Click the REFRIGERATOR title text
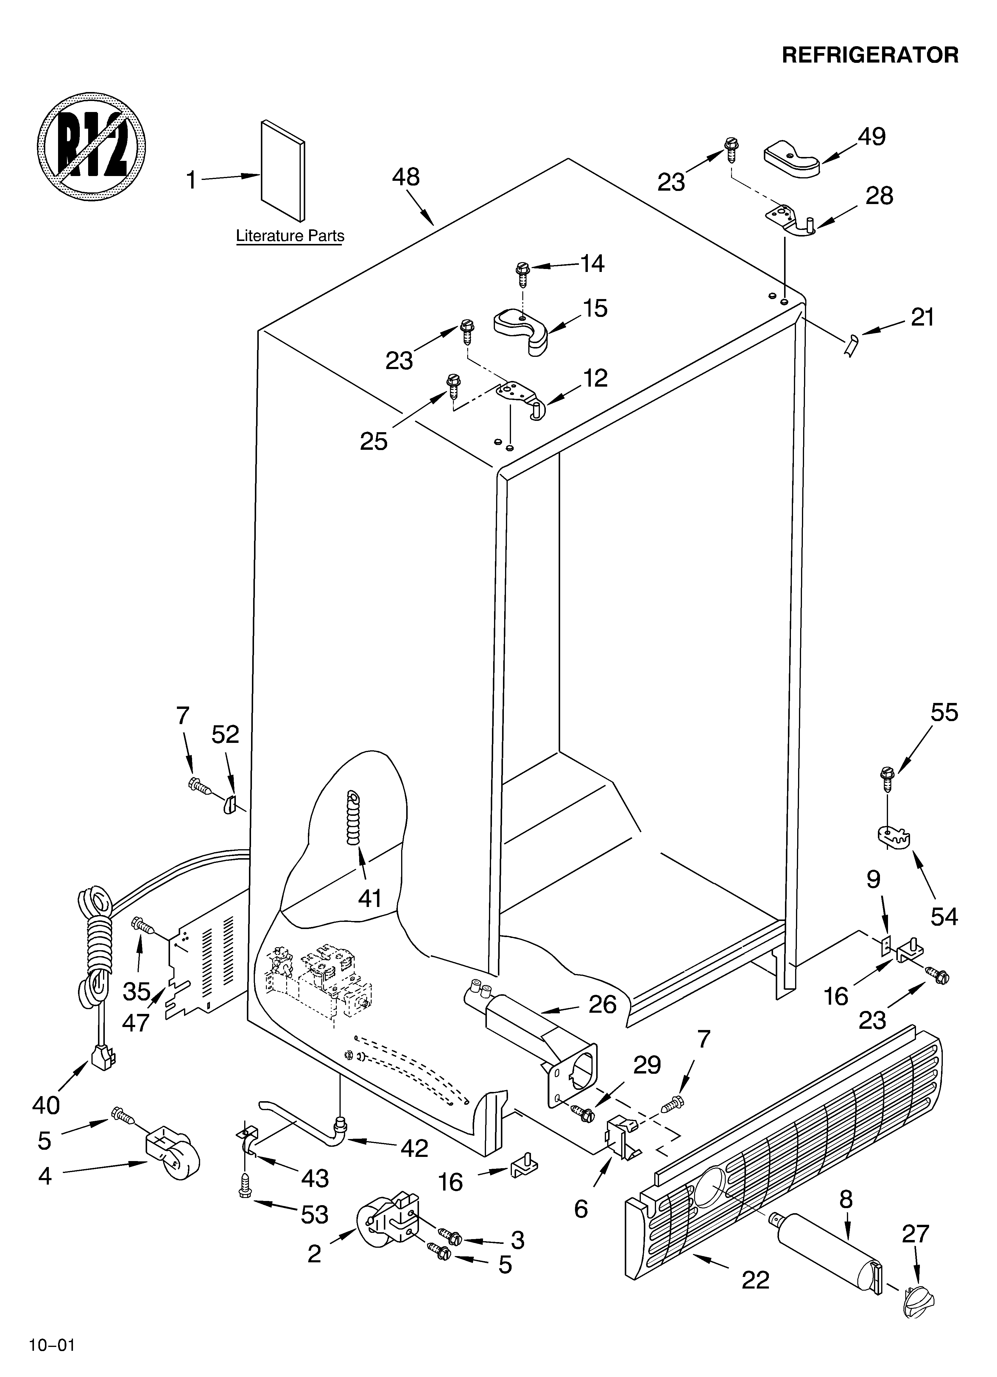(x=870, y=55)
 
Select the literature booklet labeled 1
(x=283, y=170)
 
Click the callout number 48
(x=406, y=177)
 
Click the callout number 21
(x=922, y=318)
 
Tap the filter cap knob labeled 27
(x=917, y=1299)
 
